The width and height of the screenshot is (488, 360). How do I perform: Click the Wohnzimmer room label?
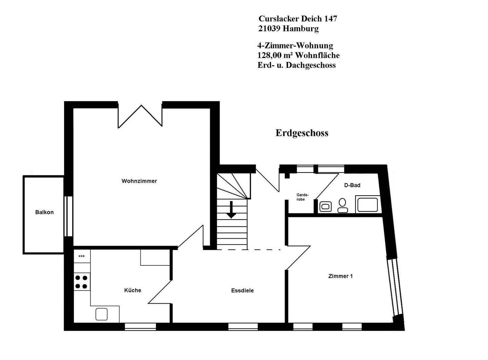(x=139, y=181)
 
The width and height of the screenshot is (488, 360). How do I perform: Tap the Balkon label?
(x=44, y=212)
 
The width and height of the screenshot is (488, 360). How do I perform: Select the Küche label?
(x=133, y=290)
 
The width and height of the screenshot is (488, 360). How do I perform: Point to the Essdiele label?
(x=242, y=291)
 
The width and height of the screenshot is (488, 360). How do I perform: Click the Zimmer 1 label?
(x=341, y=276)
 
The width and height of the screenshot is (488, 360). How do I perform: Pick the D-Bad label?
(x=352, y=185)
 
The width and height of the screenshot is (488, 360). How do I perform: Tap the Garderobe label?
(x=302, y=197)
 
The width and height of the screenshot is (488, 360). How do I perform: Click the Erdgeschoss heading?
(x=302, y=133)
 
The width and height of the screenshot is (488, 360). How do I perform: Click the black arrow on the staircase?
(x=231, y=210)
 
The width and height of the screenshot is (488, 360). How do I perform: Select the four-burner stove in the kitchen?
(x=81, y=282)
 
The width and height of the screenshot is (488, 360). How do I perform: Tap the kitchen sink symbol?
(x=101, y=314)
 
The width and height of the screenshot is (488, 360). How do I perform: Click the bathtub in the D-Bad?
(x=368, y=204)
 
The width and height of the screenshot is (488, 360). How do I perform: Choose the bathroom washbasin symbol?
(x=325, y=206)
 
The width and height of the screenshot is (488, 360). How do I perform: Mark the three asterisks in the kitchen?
(x=81, y=257)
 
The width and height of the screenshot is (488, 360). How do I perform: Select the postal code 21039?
(x=269, y=29)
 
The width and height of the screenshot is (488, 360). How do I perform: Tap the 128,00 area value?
(x=269, y=55)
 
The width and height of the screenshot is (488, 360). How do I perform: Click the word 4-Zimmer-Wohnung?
(x=295, y=45)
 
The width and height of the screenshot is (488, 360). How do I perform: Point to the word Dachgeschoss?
(x=311, y=65)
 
